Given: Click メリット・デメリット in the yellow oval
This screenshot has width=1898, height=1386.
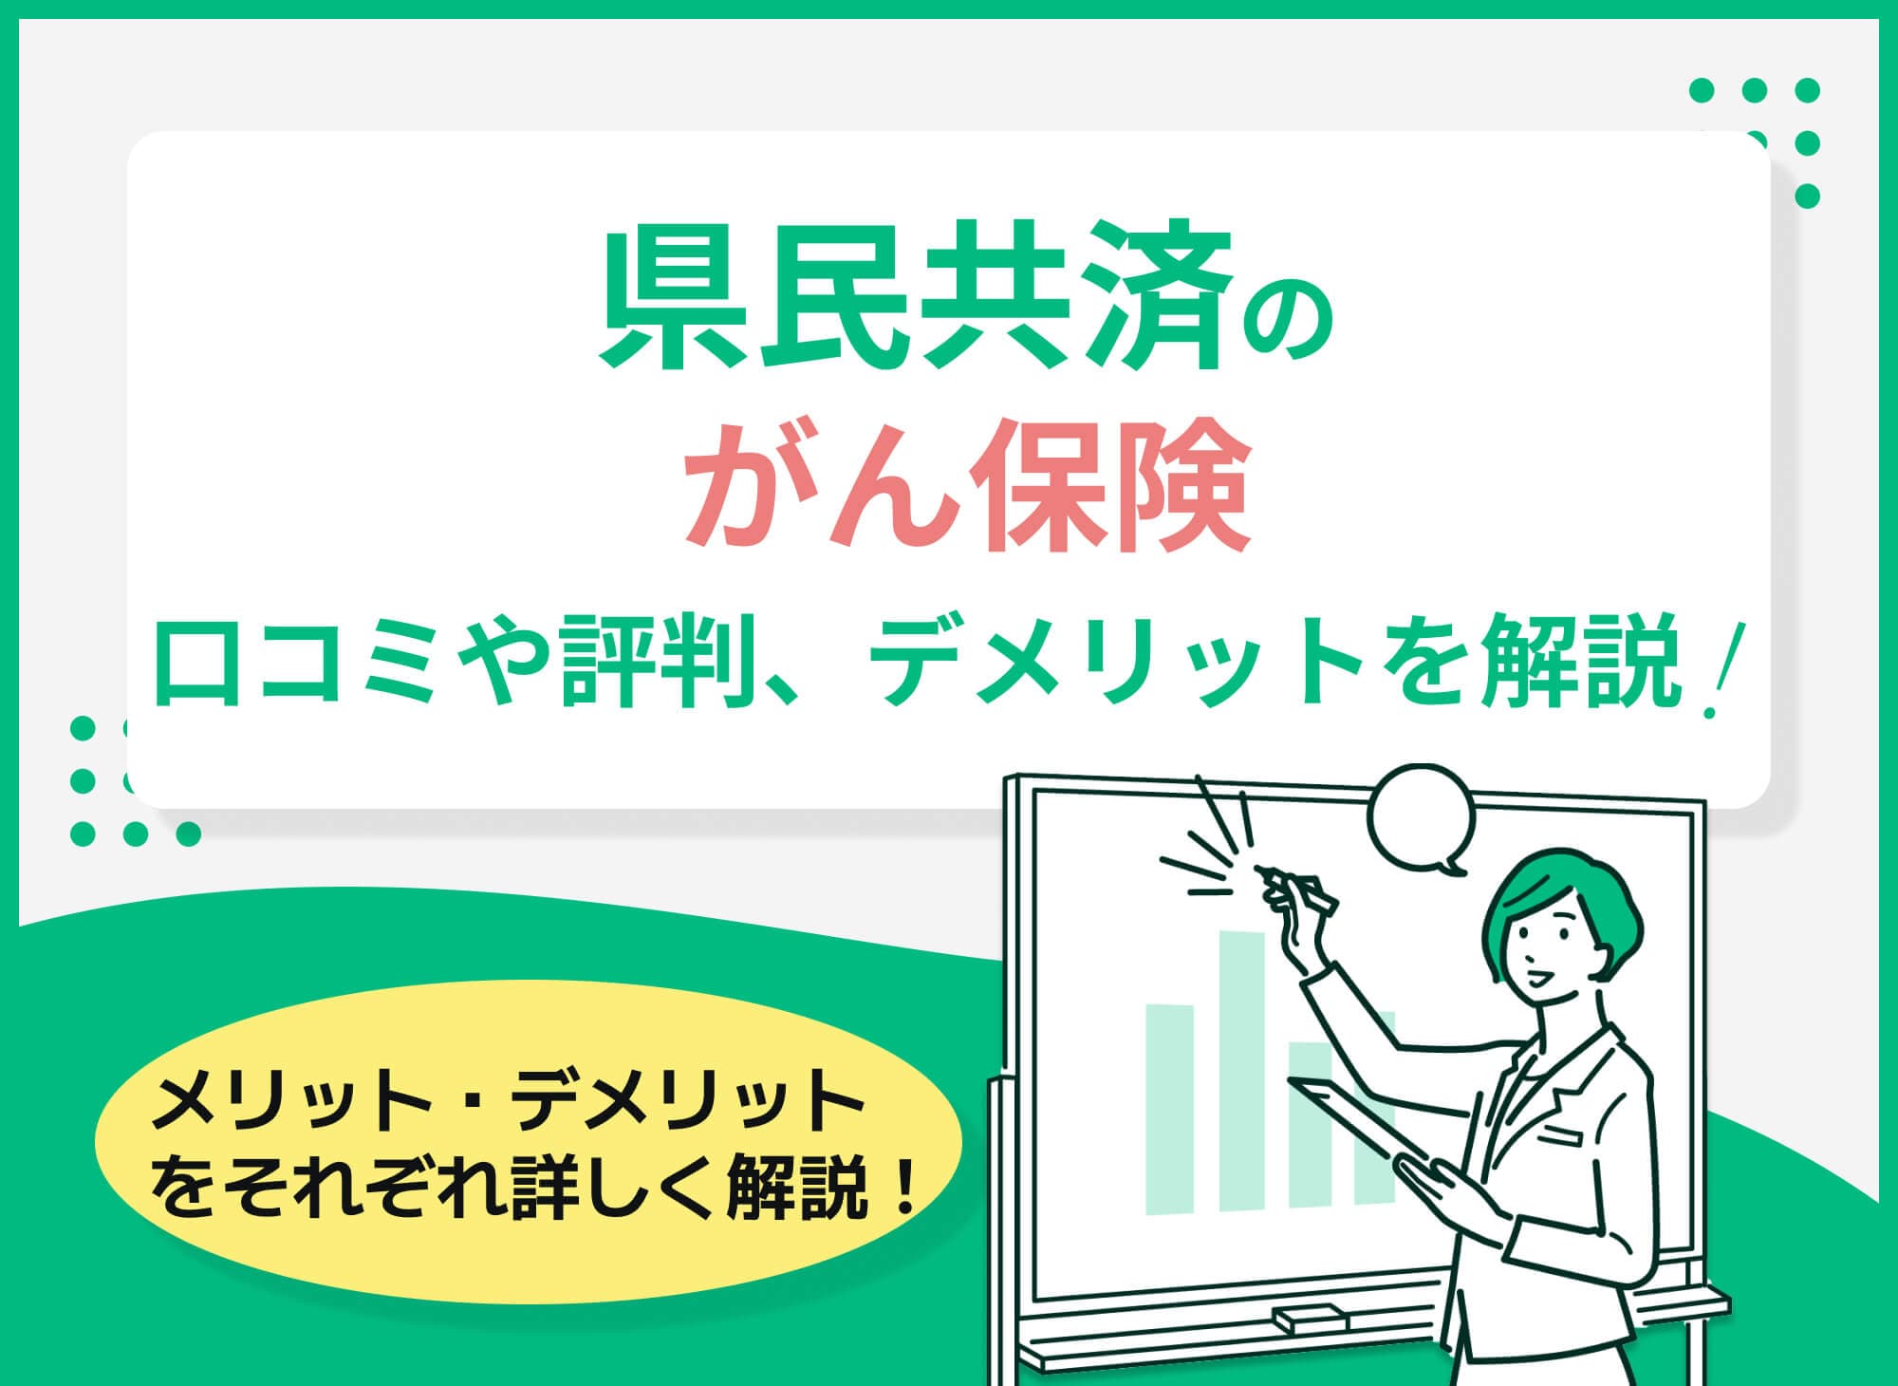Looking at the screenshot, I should (x=507, y=1105).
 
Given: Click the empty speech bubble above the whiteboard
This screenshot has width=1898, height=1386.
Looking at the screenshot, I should (x=1421, y=818).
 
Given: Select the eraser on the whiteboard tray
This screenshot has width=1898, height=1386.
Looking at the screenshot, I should (x=1309, y=1317).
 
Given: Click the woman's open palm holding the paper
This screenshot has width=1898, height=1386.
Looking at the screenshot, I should (x=1433, y=1177).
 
